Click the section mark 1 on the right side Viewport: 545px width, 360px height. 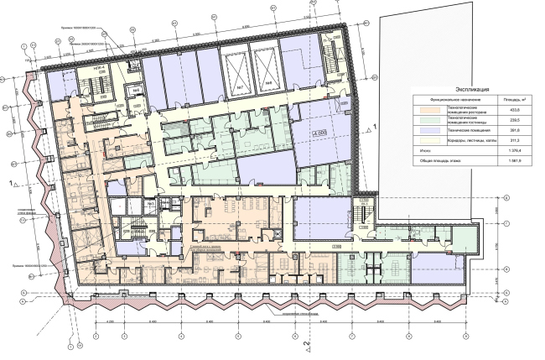[x=375, y=125]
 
